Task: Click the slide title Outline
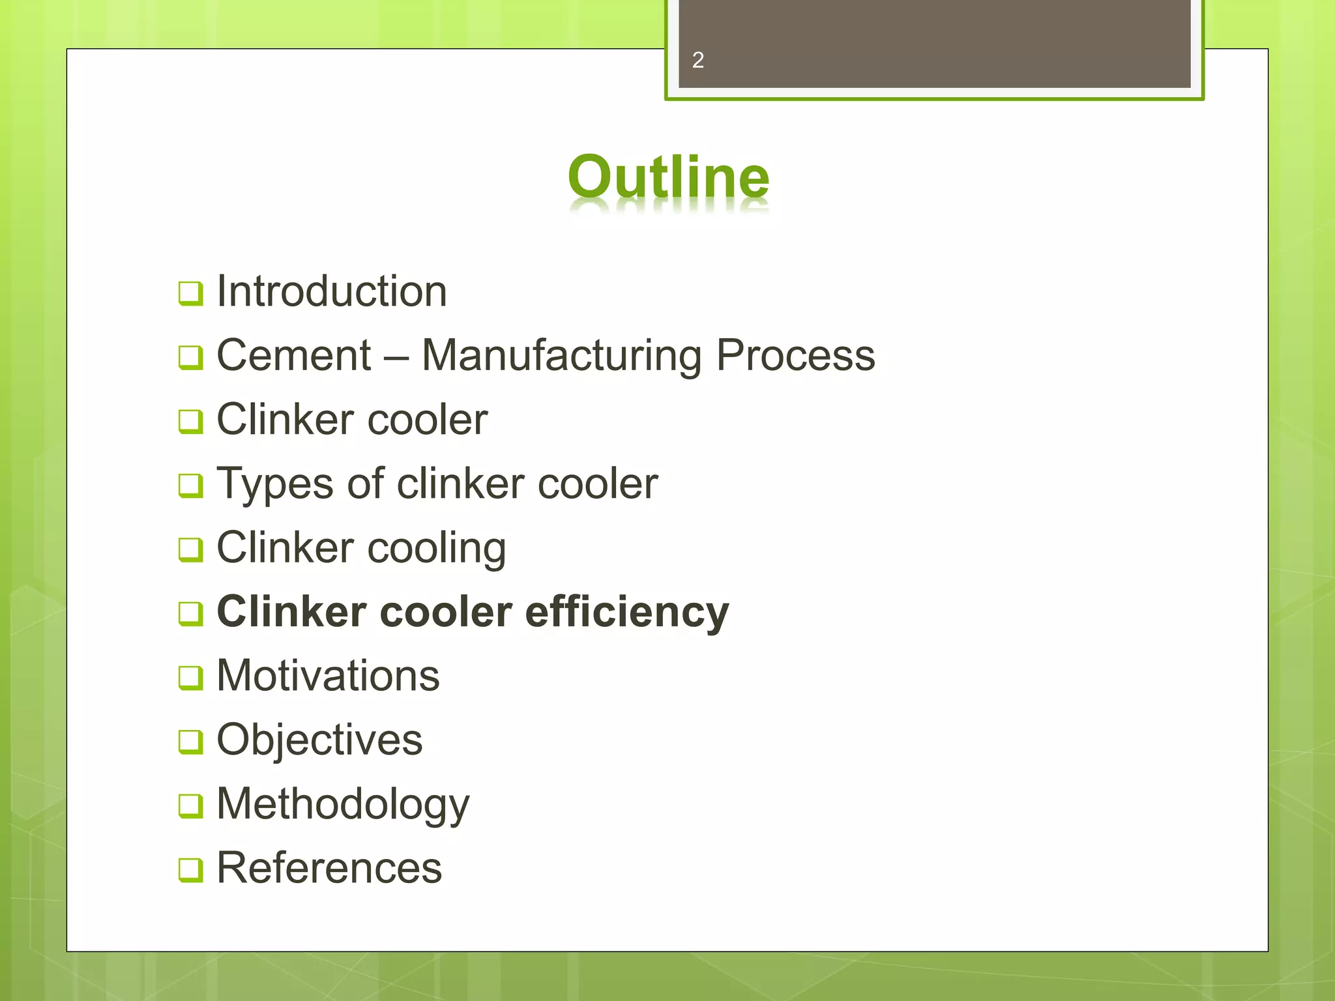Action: [668, 177]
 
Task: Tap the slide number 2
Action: [697, 61]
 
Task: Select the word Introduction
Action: [332, 291]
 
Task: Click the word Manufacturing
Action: [561, 356]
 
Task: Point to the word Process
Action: [795, 355]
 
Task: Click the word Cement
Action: [293, 355]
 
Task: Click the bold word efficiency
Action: [626, 612]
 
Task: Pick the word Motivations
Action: [328, 675]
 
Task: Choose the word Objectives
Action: [319, 740]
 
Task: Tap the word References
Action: [329, 868]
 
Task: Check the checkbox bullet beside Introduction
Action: [190, 293]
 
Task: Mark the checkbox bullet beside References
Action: [190, 870]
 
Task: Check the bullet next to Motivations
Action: [190, 678]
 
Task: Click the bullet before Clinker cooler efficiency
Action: [190, 614]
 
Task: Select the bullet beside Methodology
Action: [190, 806]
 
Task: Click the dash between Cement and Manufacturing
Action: [396, 357]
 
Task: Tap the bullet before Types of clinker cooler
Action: [190, 486]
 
